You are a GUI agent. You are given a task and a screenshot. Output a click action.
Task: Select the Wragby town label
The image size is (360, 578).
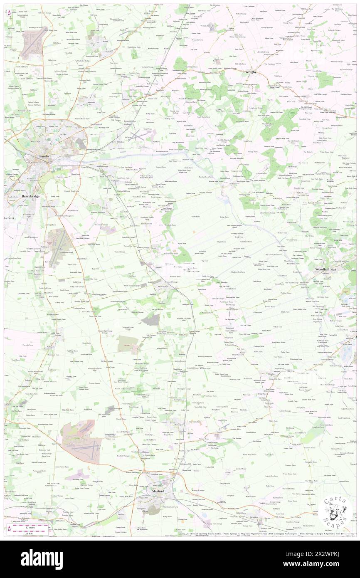(250, 72)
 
